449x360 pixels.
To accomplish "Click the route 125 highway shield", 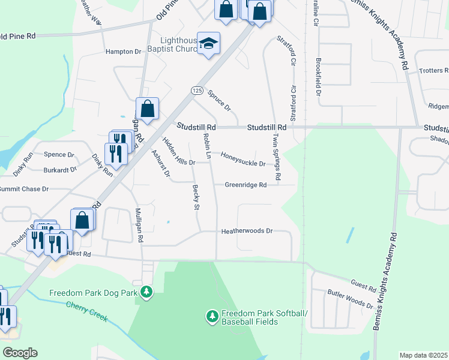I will [x=196, y=90].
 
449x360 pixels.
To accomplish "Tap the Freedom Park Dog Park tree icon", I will [x=146, y=293].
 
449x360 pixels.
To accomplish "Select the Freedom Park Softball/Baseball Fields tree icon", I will [x=211, y=316].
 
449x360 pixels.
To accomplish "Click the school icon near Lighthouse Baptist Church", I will [x=209, y=43].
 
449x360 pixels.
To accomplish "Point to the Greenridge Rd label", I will [x=246, y=185].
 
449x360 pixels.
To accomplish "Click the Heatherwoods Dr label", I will [x=247, y=231].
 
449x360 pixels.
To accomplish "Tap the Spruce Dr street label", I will [x=219, y=100].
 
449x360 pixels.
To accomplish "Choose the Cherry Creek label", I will [x=87, y=311].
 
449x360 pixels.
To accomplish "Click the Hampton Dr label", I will [x=122, y=52].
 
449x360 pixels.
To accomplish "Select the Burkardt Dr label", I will [x=60, y=169].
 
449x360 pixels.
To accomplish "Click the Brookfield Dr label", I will [x=319, y=77].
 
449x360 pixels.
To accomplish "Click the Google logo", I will [x=20, y=353].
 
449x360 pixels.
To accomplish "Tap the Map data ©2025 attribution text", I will [x=424, y=355].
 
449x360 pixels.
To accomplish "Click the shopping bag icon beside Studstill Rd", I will [x=148, y=109].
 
